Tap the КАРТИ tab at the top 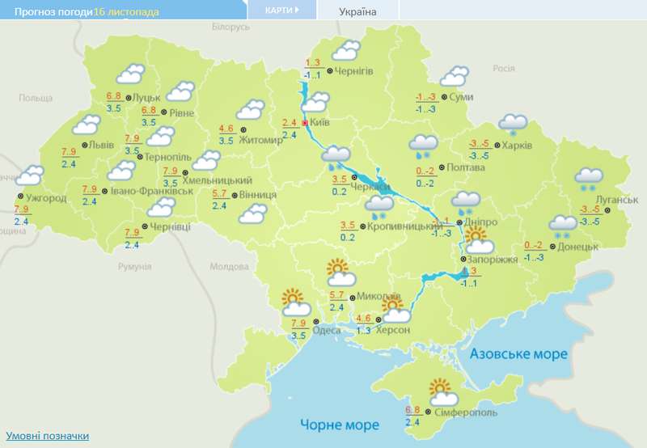coord(281,11)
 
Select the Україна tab coord(357,11)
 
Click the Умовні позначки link coord(46,436)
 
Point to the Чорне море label coord(339,425)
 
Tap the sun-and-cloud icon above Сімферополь coord(442,392)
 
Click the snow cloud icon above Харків coord(512,125)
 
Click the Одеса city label coord(326,330)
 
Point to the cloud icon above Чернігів coord(345,50)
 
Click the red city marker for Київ coord(304,123)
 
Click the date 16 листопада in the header coord(126,12)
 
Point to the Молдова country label coord(228,266)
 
